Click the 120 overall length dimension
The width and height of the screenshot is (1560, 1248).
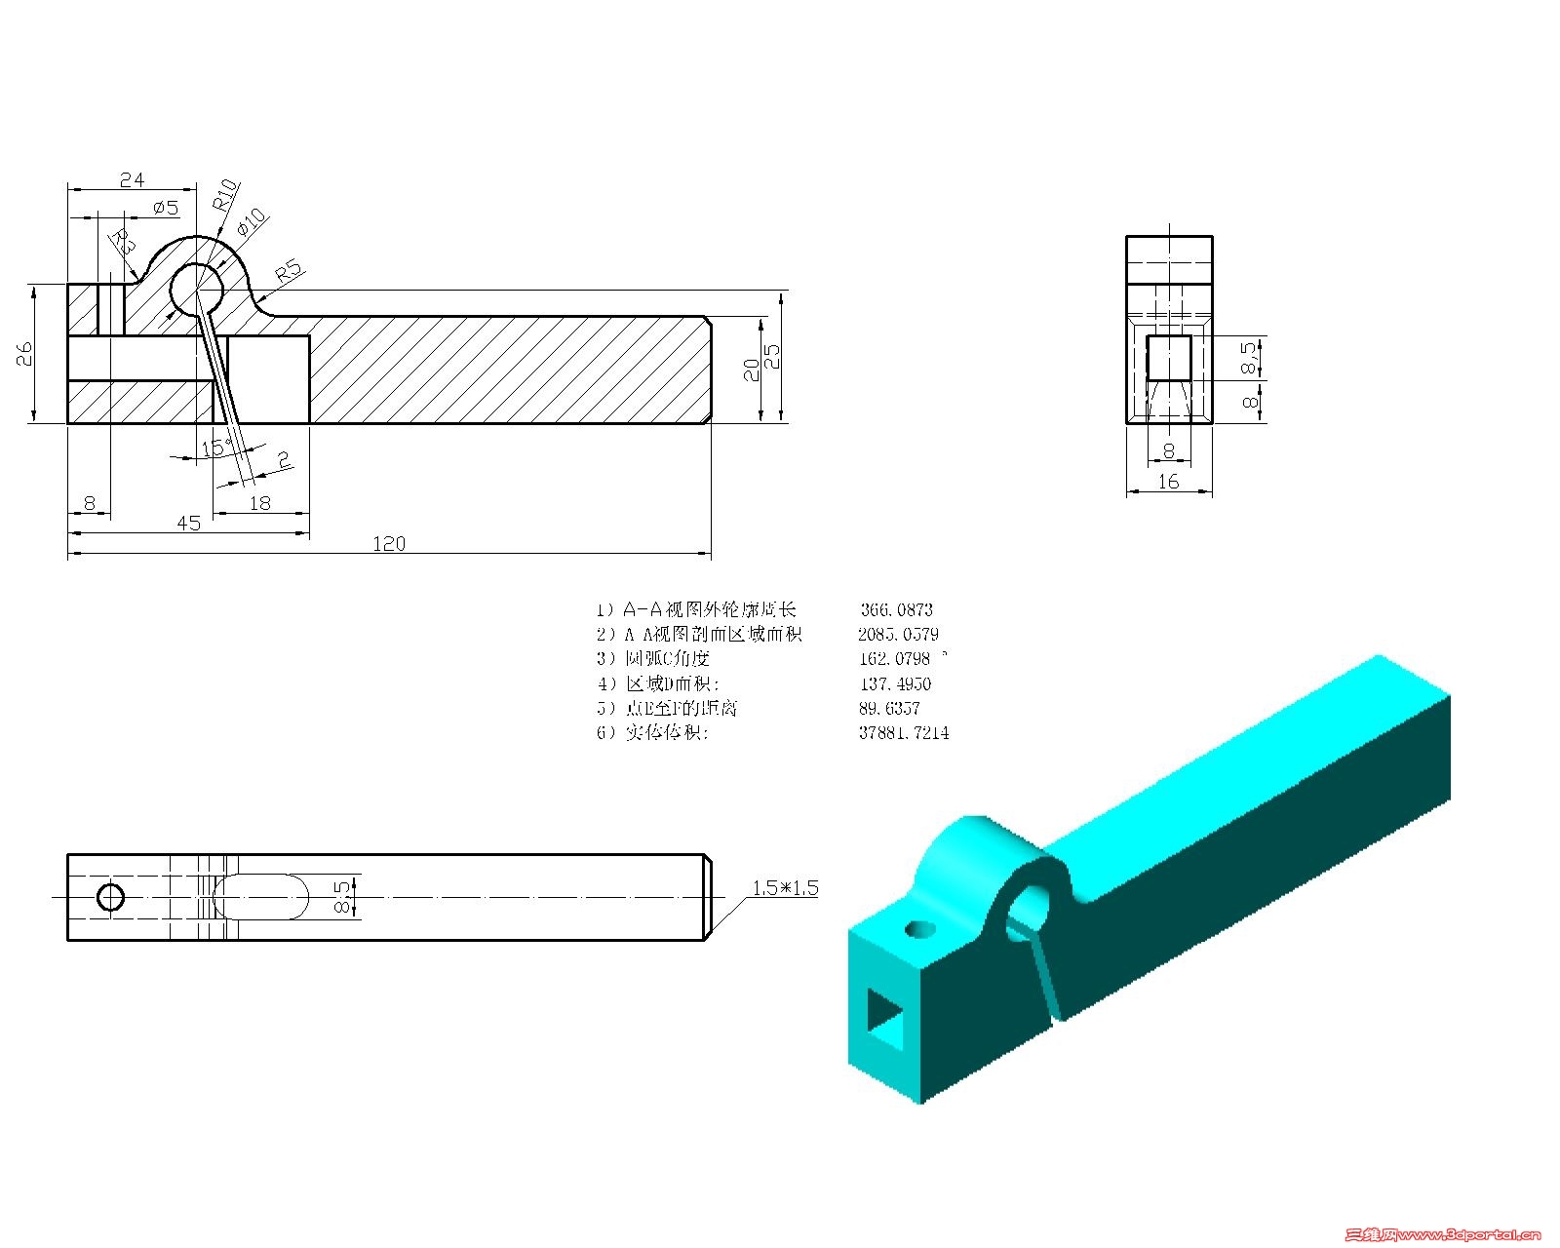tap(389, 543)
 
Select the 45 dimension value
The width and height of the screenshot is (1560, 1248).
tap(188, 524)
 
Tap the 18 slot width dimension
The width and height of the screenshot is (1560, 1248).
tap(260, 503)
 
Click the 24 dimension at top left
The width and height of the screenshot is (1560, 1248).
tap(132, 179)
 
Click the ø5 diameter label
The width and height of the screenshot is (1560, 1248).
tap(166, 208)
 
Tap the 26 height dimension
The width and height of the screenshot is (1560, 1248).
tap(25, 353)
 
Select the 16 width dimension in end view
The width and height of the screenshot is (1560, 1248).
tap(1168, 481)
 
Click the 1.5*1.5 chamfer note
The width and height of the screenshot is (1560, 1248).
tap(785, 888)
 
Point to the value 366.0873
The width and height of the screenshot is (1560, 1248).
tap(896, 609)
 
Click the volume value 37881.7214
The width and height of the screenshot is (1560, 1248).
tap(903, 732)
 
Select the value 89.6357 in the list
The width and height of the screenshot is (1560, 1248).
tap(889, 708)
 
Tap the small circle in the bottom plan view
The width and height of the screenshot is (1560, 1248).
tap(111, 896)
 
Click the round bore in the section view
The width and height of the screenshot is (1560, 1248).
tap(198, 290)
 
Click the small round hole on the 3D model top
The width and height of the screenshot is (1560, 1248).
tap(917, 929)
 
